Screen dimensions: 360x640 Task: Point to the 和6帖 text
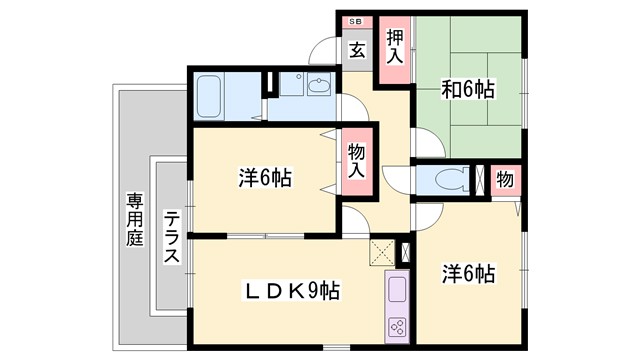coord(468,90)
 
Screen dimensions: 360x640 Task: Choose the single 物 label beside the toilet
coord(505,180)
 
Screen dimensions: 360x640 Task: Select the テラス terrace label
coord(171,237)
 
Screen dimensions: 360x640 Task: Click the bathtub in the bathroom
coord(211,96)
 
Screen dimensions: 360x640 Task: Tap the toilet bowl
coord(446,181)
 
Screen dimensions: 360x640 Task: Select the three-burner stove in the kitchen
coord(396,326)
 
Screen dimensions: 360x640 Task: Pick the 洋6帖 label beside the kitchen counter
coord(469,272)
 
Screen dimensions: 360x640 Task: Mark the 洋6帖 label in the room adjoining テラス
coord(265,178)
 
